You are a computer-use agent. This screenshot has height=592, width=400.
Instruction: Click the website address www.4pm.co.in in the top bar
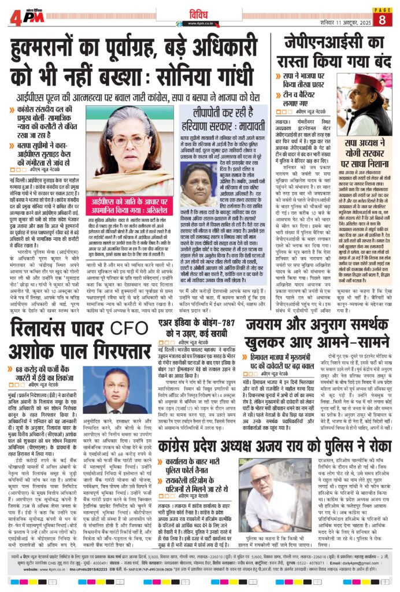tap(200, 23)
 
